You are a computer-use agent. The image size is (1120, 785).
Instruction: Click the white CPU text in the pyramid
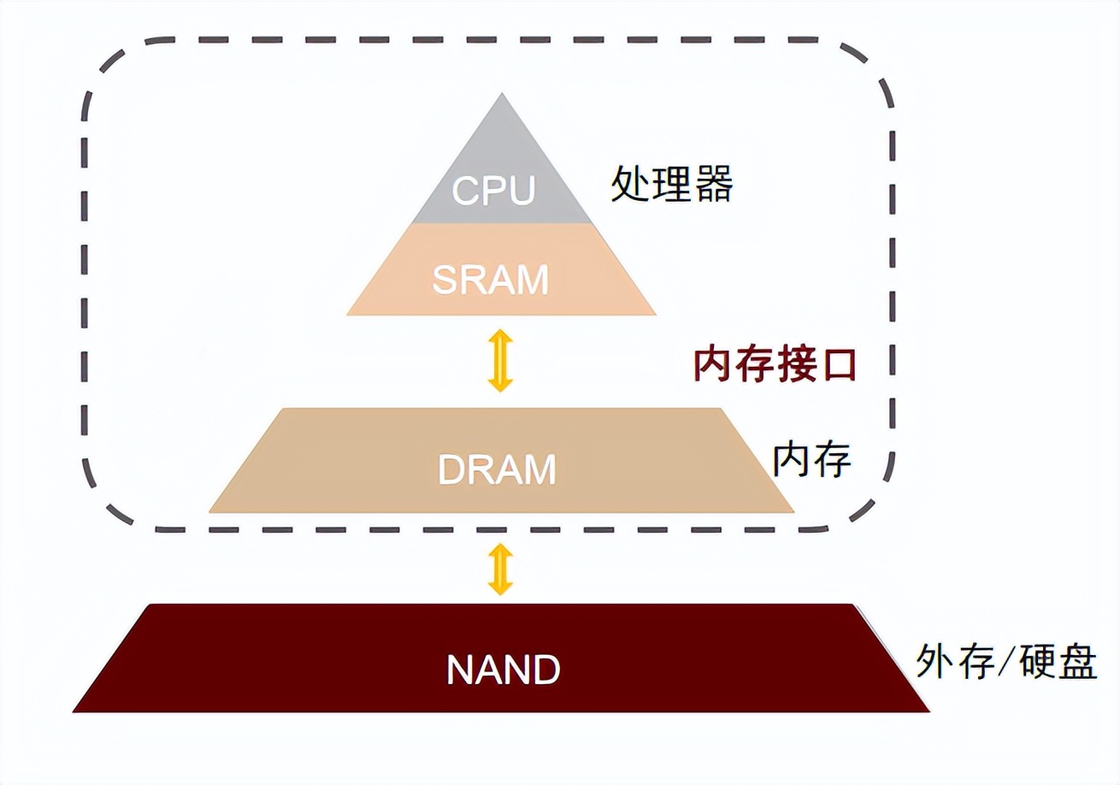click(494, 190)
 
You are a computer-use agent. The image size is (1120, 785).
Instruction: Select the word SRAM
click(491, 280)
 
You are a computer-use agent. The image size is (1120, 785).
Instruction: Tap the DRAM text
click(497, 469)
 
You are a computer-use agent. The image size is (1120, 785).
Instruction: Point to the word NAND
click(503, 670)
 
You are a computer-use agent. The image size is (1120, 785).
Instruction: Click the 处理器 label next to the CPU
click(672, 183)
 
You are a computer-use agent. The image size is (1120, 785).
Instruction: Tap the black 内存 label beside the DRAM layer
click(812, 459)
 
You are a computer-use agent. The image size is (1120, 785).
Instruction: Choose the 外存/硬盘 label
click(1006, 661)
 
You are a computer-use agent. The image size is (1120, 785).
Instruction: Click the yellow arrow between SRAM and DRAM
click(500, 362)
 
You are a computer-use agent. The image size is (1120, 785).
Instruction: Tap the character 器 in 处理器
click(713, 183)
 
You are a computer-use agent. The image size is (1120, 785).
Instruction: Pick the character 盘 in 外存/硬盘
click(1077, 661)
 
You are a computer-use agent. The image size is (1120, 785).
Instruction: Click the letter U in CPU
click(520, 190)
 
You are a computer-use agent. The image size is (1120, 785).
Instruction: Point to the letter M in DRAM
click(538, 469)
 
